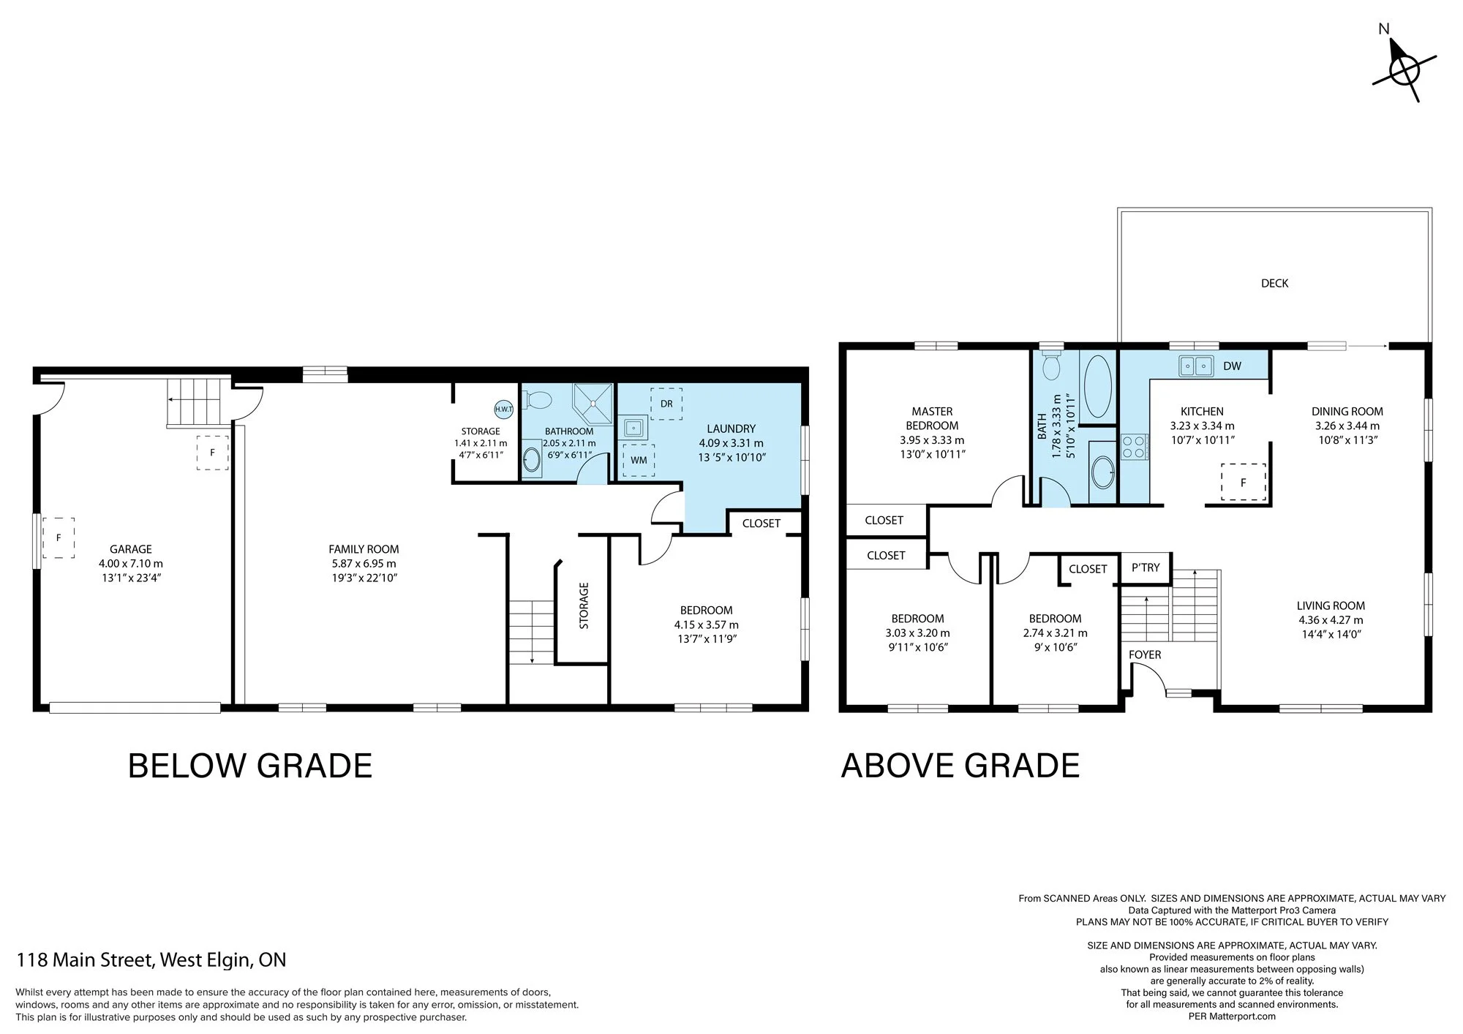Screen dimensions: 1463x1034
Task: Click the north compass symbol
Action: coord(1404,71)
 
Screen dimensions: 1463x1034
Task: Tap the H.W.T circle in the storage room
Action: coord(504,409)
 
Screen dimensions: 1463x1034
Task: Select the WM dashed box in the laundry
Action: coord(639,460)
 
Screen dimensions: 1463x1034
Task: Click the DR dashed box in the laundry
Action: coord(666,404)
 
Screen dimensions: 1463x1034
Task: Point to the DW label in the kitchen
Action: coord(1232,366)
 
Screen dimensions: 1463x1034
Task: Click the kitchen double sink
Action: coord(1196,365)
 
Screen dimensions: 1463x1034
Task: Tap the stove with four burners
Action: coord(1133,447)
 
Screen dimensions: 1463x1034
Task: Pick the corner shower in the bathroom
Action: coord(593,403)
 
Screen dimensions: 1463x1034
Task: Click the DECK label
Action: coord(1274,283)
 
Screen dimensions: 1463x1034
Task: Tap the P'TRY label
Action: coord(1146,567)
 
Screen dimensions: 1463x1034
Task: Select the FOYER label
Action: coord(1145,654)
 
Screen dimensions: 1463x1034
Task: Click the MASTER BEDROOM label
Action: coord(932,418)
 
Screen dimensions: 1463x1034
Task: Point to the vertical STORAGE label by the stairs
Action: coord(584,605)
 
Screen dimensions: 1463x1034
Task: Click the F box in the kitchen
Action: coord(1243,483)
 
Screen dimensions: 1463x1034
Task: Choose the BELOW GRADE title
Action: coord(250,766)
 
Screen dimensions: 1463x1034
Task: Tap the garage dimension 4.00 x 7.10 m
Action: coord(131,564)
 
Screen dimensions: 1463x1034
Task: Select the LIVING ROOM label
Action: coord(1331,605)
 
